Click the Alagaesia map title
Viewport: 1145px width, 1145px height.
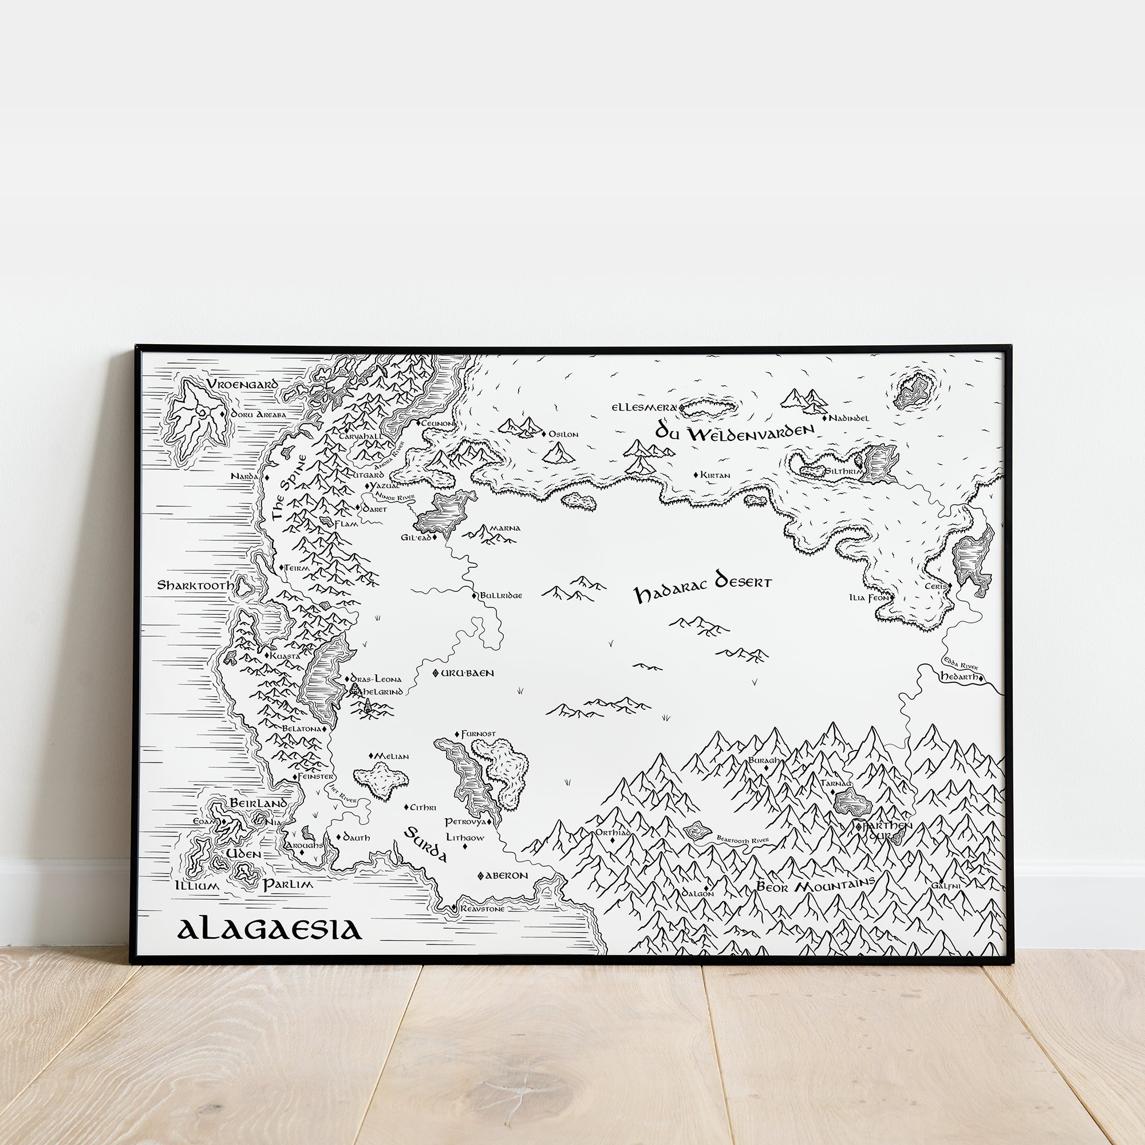(x=269, y=929)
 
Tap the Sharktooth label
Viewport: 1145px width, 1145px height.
(x=195, y=586)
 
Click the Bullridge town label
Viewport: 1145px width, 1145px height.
(x=501, y=595)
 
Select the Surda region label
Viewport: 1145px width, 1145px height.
(x=426, y=846)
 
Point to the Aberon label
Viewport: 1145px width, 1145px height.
(x=506, y=875)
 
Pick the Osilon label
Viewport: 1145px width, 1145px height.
(x=563, y=435)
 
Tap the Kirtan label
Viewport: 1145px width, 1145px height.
(x=714, y=475)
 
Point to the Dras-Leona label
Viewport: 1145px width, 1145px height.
(x=376, y=679)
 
